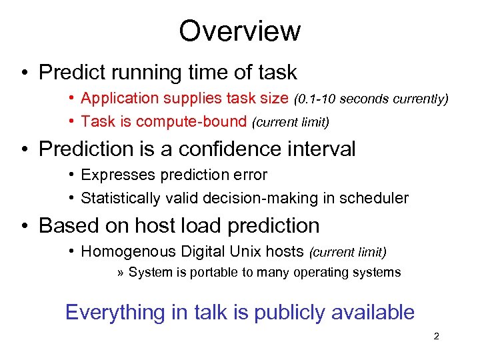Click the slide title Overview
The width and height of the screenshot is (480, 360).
tap(239, 31)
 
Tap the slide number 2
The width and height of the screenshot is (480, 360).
tap(436, 337)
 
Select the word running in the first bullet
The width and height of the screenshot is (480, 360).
tap(150, 71)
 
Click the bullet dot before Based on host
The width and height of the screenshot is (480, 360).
tap(23, 226)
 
